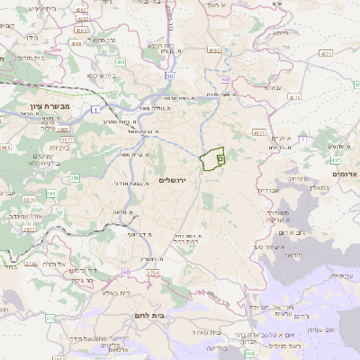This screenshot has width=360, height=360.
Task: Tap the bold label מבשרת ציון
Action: tap(37, 105)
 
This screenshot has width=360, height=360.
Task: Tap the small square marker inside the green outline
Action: tap(220, 157)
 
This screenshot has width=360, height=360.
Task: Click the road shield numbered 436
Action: tap(120, 62)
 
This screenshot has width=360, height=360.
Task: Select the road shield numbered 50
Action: tap(168, 76)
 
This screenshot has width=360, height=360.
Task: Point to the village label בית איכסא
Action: tap(102, 76)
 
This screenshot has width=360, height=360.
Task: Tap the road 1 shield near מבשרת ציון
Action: tap(94, 109)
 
